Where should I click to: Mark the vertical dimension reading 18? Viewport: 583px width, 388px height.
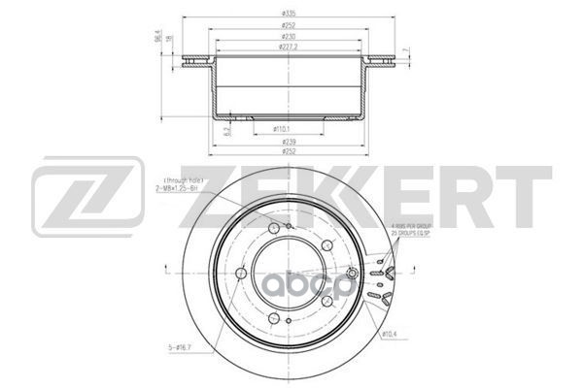[x=167, y=39]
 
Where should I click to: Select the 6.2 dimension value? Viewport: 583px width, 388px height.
[x=225, y=129]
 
